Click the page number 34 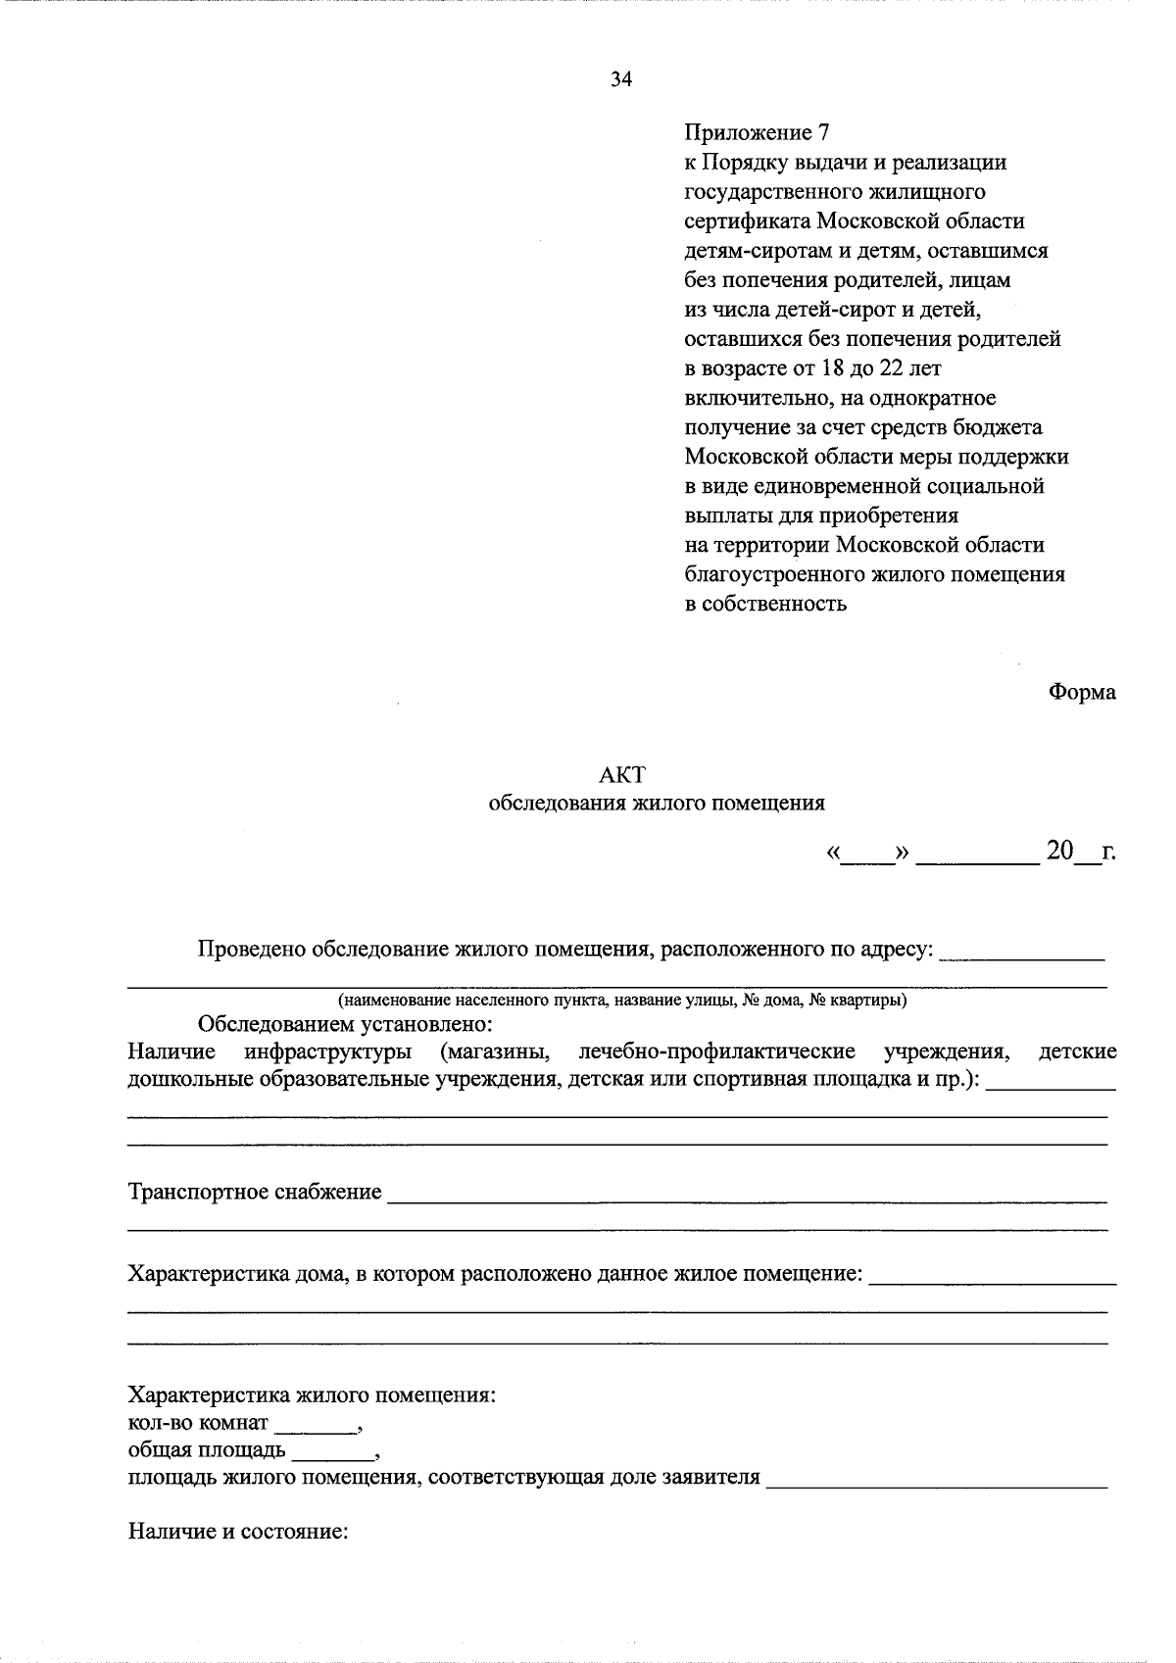[x=621, y=80]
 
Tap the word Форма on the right [x=1082, y=692]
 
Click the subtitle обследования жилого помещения [x=656, y=804]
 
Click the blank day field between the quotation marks [x=868, y=856]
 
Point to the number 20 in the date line [x=1060, y=851]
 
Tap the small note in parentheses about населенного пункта [x=621, y=1001]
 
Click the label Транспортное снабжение [x=255, y=1193]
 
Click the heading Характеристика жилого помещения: [x=312, y=1395]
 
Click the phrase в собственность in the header [x=764, y=604]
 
